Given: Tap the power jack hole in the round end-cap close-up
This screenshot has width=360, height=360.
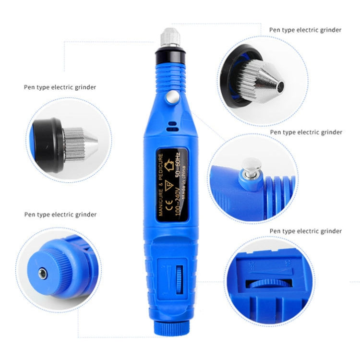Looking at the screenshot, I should (x=41, y=274).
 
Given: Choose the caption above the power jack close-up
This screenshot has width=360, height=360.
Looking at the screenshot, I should (x=60, y=215).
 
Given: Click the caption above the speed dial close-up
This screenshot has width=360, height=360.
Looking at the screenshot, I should (x=306, y=231).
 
